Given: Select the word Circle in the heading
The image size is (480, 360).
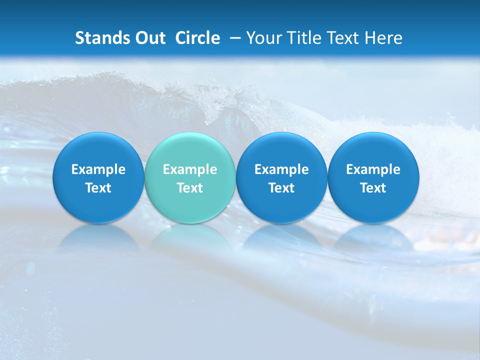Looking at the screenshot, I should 197,38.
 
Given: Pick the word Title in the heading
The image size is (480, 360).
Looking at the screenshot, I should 303,38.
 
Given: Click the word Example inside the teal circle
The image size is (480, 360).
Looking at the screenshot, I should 190,169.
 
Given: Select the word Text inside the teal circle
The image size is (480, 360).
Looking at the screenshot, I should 190,188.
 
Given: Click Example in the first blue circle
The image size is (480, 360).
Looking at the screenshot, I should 98,169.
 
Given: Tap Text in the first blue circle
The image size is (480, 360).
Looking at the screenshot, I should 98,188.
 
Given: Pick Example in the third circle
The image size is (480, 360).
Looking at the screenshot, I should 281,169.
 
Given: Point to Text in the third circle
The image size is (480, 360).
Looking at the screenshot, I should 281,188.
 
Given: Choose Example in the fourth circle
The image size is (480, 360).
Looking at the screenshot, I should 373,169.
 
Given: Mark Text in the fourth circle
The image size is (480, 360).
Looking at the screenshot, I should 373,188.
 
